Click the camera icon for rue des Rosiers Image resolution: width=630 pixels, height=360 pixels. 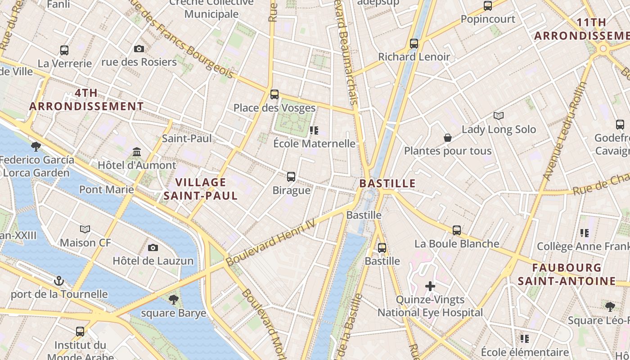pyautogui.click(x=139, y=49)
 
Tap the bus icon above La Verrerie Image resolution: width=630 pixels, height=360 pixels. pyautogui.click(x=64, y=50)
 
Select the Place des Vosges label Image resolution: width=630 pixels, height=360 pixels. pyautogui.click(x=274, y=108)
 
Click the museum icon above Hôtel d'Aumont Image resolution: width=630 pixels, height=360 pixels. pyautogui.click(x=137, y=152)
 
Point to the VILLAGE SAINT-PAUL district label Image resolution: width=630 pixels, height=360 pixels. pyautogui.click(x=200, y=189)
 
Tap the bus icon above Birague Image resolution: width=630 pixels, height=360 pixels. pyautogui.click(x=291, y=177)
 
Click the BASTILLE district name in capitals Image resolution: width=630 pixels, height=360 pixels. pyautogui.click(x=387, y=184)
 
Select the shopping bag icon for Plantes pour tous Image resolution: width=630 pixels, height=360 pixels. pyautogui.click(x=448, y=138)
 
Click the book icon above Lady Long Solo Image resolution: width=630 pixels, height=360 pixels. pyautogui.click(x=499, y=116)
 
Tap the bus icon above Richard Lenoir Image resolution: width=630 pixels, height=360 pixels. pyautogui.click(x=414, y=44)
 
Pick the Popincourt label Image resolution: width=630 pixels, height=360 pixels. pyautogui.click(x=488, y=19)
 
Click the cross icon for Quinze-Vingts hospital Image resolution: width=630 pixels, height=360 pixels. pyautogui.click(x=430, y=286)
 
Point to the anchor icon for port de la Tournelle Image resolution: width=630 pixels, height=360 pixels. pyautogui.click(x=59, y=281)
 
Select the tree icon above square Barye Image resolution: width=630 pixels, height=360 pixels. pyautogui.click(x=173, y=299)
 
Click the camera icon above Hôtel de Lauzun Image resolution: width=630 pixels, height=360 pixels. pyautogui.click(x=153, y=247)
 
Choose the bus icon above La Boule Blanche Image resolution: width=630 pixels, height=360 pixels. pyautogui.click(x=457, y=230)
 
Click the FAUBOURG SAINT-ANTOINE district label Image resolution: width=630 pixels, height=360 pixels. pyautogui.click(x=567, y=274)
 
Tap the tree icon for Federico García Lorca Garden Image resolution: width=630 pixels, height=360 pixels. pyautogui.click(x=36, y=146)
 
